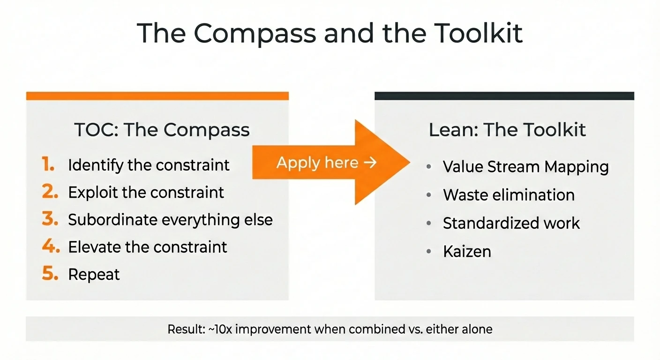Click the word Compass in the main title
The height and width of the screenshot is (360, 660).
coord(255,33)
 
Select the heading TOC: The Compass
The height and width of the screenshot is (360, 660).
coord(162,130)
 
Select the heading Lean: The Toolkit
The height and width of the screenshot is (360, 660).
coord(507,130)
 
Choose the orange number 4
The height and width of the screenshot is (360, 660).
coord(50,247)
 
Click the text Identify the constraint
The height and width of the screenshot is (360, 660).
coord(149,165)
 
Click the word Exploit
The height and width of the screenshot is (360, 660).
coord(94,193)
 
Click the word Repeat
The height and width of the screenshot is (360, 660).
coord(94,275)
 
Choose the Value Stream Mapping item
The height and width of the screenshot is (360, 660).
coord(525,167)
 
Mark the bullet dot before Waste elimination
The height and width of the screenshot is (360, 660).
coord(429,195)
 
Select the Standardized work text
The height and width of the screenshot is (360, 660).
coord(511,223)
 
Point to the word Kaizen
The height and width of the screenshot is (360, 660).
coord(467,252)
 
